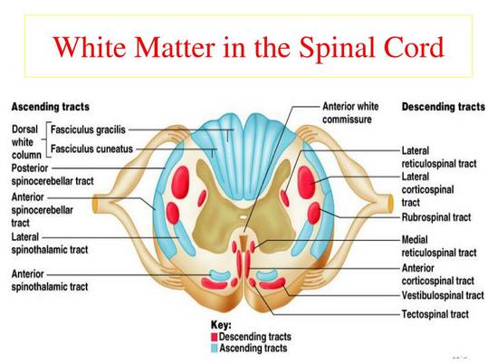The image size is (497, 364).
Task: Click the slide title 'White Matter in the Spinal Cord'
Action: pyautogui.click(x=248, y=47)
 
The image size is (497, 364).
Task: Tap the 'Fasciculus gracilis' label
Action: pyautogui.click(x=88, y=129)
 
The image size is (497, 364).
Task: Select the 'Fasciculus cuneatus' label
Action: pyautogui.click(x=91, y=148)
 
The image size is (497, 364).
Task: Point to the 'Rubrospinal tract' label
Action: pyautogui.click(x=436, y=217)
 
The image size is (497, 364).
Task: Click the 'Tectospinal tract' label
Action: pyautogui.click(x=435, y=314)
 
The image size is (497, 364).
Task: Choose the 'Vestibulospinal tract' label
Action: pyautogui.click(x=443, y=295)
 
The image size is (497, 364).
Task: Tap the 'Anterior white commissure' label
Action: pyautogui.click(x=350, y=112)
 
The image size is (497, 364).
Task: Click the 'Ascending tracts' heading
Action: pyautogui.click(x=51, y=107)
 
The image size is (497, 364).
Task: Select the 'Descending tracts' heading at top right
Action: pyautogui.click(x=444, y=107)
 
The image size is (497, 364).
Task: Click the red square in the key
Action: pyautogui.click(x=215, y=337)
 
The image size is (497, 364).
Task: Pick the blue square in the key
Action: pyautogui.click(x=215, y=349)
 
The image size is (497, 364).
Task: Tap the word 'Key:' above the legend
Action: pyautogui.click(x=221, y=325)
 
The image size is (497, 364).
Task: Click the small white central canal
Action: pyautogui.click(x=243, y=217)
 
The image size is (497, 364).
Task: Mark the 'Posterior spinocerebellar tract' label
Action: pyautogui.click(x=53, y=175)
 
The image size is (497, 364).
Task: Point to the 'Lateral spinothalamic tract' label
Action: pyautogui.click(x=50, y=244)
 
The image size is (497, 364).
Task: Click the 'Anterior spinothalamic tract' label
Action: pyautogui.click(x=50, y=281)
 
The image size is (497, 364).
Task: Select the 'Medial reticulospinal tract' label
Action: pyautogui.click(x=439, y=246)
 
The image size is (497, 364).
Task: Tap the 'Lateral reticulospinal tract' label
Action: pyautogui.click(x=439, y=157)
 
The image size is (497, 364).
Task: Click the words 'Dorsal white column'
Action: pyautogui.click(x=26, y=142)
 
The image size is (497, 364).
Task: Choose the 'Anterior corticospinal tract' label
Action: pyautogui.click(x=438, y=274)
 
